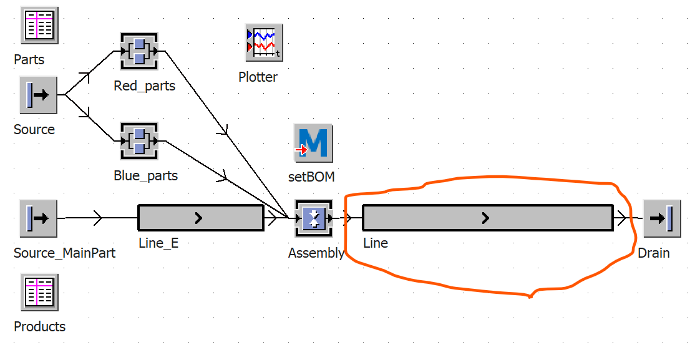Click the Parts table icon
coord(39,25)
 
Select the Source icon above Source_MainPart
coord(39,95)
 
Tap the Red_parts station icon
coord(139,51)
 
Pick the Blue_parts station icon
coord(139,141)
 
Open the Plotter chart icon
coord(264,42)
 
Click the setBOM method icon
coord(313,143)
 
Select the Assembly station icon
coord(314,218)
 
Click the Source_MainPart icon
coord(39,218)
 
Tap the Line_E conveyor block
coord(201,218)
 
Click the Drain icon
coord(662,218)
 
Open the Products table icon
coord(39,292)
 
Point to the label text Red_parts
coord(145,85)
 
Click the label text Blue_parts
coord(146,175)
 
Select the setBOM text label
coord(311,177)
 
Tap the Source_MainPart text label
coord(65,253)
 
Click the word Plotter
coord(258,77)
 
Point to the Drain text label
coord(654,253)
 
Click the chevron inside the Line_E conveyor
coord(198,218)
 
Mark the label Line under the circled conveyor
coord(376,243)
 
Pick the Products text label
coord(40,327)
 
